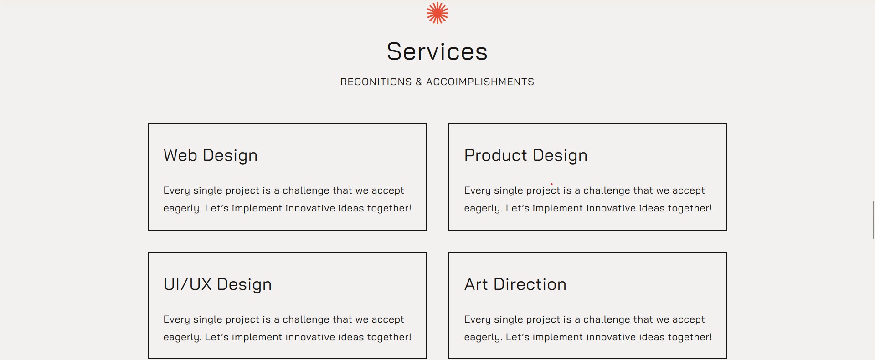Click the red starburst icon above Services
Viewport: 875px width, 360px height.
[x=437, y=13]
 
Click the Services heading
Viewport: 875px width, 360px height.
[x=437, y=51]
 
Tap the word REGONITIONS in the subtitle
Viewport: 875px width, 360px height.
[x=376, y=82]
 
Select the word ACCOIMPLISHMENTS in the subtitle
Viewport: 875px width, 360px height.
[x=480, y=82]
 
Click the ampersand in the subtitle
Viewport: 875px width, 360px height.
[x=419, y=82]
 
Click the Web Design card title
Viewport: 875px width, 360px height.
[x=211, y=155]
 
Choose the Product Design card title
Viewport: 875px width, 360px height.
[x=526, y=155]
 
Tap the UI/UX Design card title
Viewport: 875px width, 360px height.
[x=217, y=284]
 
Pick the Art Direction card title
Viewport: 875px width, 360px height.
[x=515, y=284]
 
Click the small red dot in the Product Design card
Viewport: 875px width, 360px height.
[x=551, y=185]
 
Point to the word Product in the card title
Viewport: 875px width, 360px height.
[x=496, y=155]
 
